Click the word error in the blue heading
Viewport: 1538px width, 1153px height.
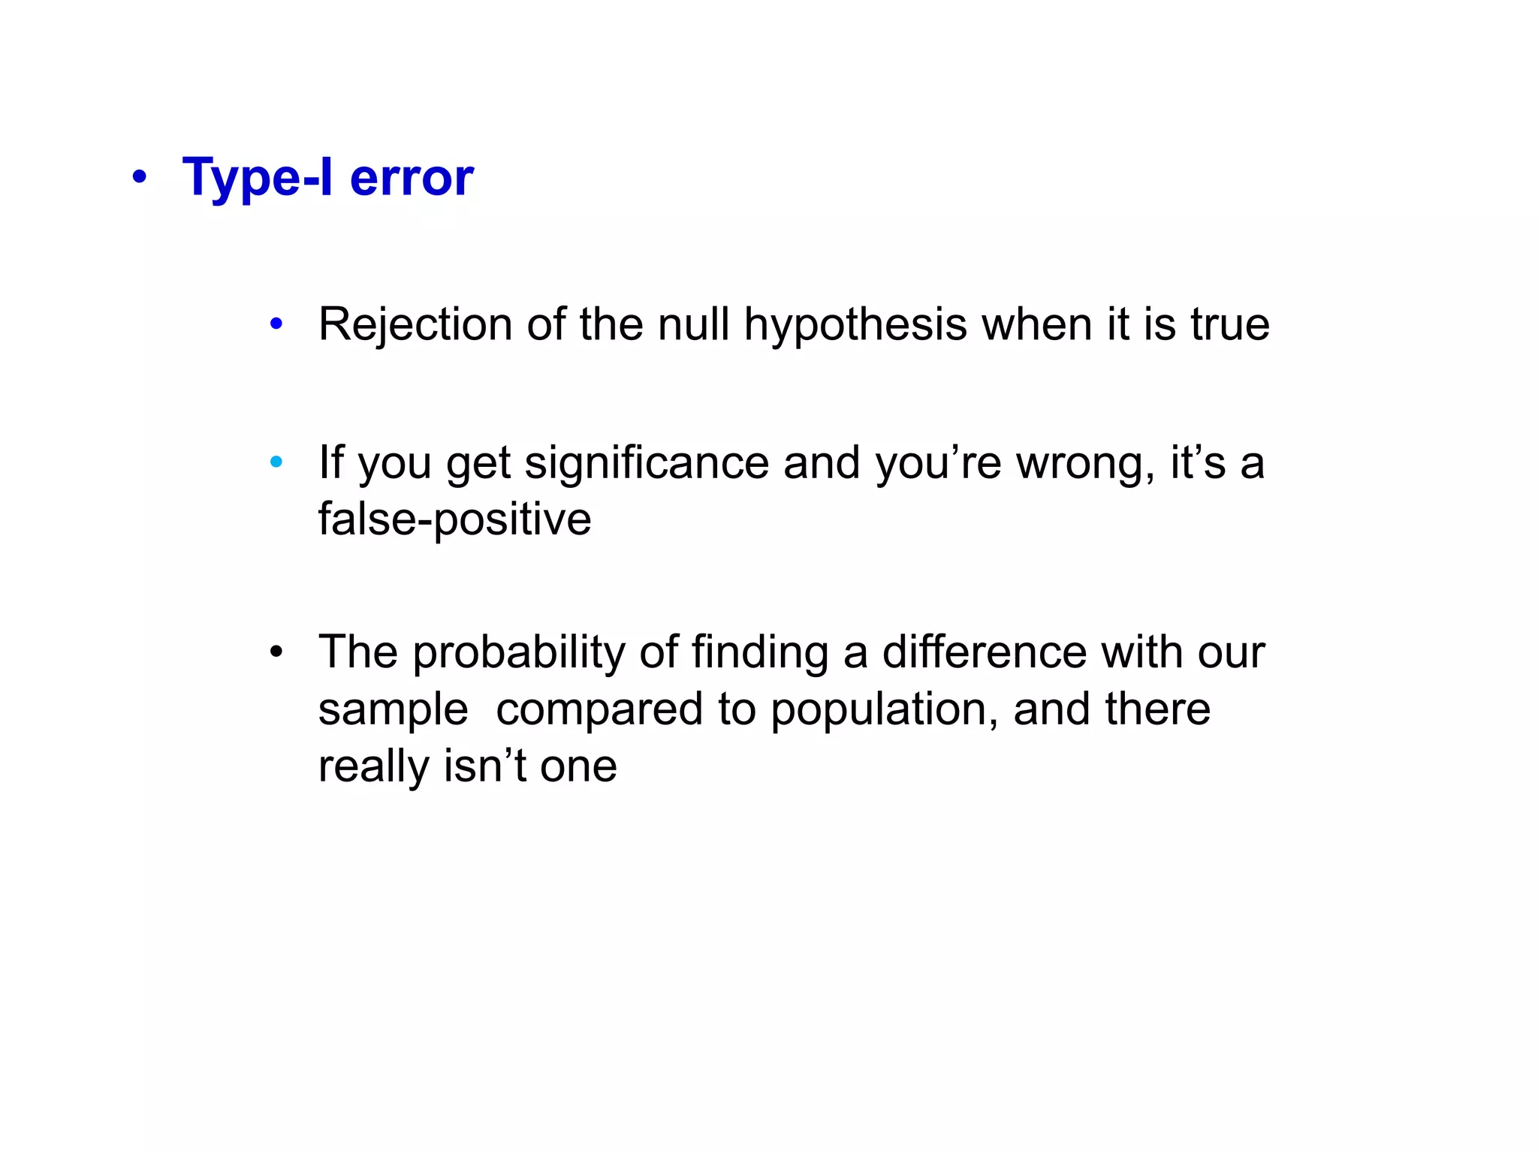coord(412,179)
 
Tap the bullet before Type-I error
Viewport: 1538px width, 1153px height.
coord(139,179)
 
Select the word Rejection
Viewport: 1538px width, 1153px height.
coord(415,324)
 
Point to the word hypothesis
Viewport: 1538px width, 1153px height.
coord(855,326)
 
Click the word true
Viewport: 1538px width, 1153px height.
coord(1230,324)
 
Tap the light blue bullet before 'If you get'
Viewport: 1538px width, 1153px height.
coord(276,462)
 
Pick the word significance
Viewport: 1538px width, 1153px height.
coord(647,463)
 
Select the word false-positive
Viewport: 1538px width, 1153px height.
coord(454,519)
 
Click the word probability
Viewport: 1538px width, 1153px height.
coord(519,652)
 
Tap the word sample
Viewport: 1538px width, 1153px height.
coord(393,709)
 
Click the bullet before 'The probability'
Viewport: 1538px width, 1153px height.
coord(276,651)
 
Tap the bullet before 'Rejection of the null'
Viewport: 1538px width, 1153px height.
coord(276,324)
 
